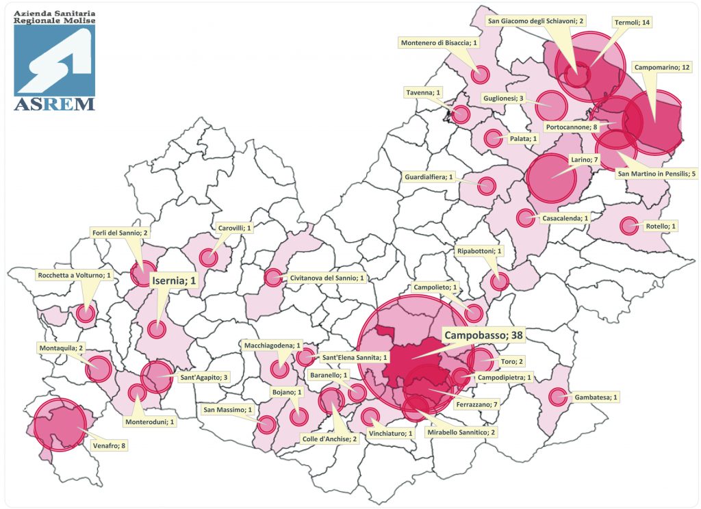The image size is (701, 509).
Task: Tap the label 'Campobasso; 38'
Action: coord(483,336)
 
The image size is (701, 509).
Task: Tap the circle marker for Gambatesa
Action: coord(558,396)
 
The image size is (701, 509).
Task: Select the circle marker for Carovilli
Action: coord(208,258)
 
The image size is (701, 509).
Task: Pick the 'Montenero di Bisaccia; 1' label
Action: coord(438,43)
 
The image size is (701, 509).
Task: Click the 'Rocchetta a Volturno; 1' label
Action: coord(75,275)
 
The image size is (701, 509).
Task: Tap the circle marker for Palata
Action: coord(492,138)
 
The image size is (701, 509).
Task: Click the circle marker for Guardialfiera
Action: coord(487,185)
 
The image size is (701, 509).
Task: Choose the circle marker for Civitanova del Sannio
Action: coord(272,278)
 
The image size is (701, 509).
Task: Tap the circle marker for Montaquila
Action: coord(98,369)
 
